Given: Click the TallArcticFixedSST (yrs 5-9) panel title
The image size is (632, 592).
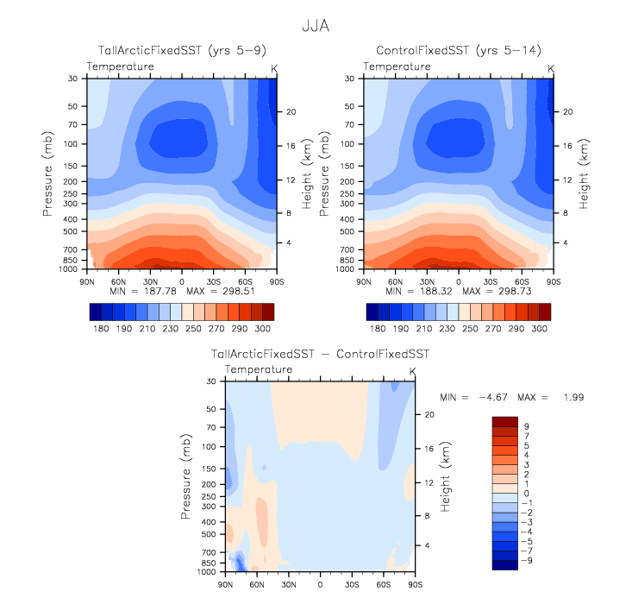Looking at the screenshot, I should (181, 52).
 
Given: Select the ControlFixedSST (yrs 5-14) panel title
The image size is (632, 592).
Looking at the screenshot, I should (458, 52).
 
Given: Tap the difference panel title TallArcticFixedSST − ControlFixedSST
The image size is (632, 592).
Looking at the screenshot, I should (320, 355).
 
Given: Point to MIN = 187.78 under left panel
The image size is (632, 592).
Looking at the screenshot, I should (141, 292).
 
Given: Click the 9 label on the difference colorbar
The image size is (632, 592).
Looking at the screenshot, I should (527, 426).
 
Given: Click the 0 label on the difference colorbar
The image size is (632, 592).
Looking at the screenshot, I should (527, 493).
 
